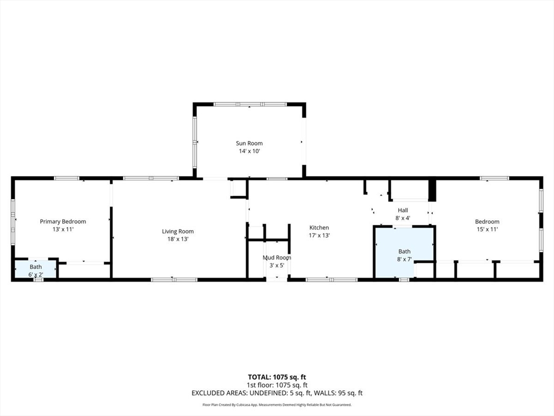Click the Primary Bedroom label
(63, 222)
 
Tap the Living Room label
(177, 232)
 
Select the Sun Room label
(249, 144)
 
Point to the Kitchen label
(319, 228)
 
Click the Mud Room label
(276, 258)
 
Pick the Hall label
(403, 210)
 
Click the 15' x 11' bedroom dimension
(487, 229)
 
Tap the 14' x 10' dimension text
(249, 152)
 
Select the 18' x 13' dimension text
(177, 239)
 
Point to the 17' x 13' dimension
(319, 236)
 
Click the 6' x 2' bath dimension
(35, 274)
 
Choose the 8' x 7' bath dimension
(404, 259)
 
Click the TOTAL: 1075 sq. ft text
(277, 377)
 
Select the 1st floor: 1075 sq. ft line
(277, 385)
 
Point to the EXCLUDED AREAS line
(277, 393)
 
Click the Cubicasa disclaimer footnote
(277, 405)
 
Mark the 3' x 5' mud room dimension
(276, 265)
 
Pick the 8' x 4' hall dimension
(403, 218)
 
